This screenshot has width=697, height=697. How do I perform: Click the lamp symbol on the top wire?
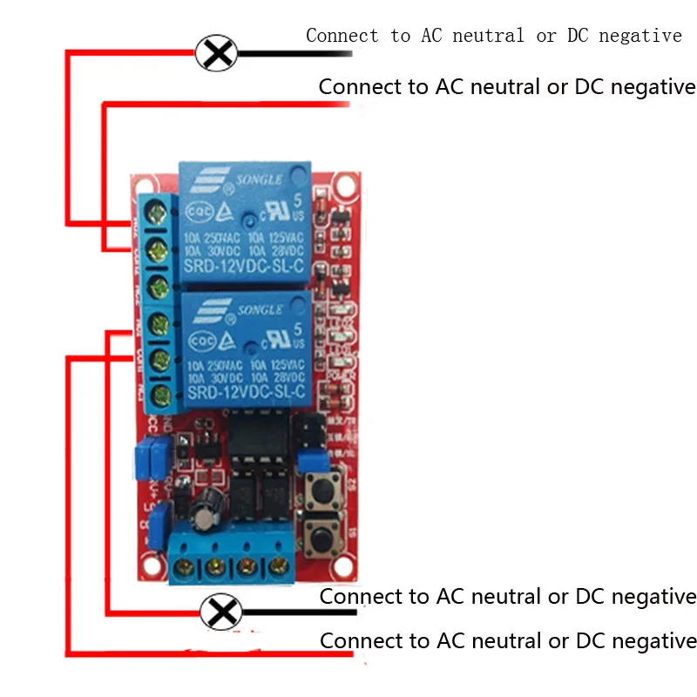tap(216, 53)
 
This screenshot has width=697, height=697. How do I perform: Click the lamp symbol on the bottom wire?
tap(222, 612)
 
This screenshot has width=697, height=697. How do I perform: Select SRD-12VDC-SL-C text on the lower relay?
tap(243, 396)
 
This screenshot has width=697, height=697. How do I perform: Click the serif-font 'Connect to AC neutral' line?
tap(493, 36)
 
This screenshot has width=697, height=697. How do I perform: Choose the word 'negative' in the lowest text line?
tap(653, 641)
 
